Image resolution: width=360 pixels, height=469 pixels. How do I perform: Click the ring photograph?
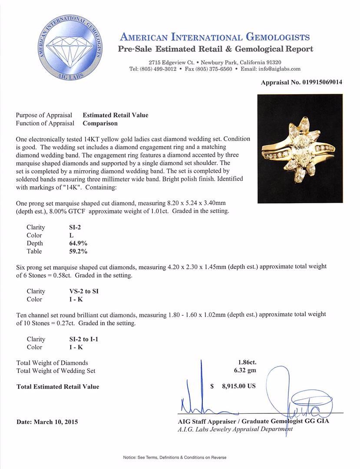[x=300, y=149]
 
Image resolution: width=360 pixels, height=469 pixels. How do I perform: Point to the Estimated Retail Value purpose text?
[x=116, y=115]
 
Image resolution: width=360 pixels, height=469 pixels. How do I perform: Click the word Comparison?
[x=100, y=123]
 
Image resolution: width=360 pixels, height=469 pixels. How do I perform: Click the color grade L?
[x=65, y=235]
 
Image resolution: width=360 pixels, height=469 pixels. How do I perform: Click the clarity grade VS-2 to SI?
[x=81, y=291]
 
